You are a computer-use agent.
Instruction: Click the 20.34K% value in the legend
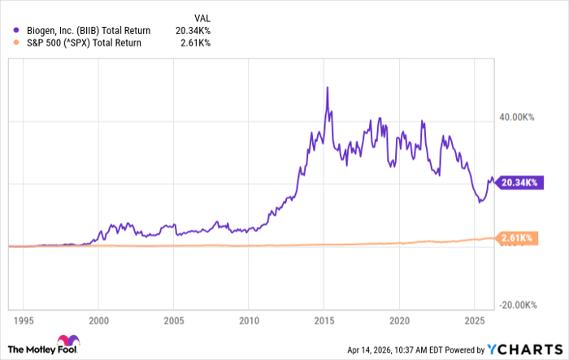(193, 29)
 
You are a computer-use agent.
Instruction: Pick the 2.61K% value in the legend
(195, 42)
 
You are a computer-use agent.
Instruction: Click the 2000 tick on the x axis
(98, 319)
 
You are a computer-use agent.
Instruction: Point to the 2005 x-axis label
(174, 319)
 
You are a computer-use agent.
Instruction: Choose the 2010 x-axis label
(249, 319)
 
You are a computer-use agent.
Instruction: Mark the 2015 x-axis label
(324, 319)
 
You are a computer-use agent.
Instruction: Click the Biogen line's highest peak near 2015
(327, 87)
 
